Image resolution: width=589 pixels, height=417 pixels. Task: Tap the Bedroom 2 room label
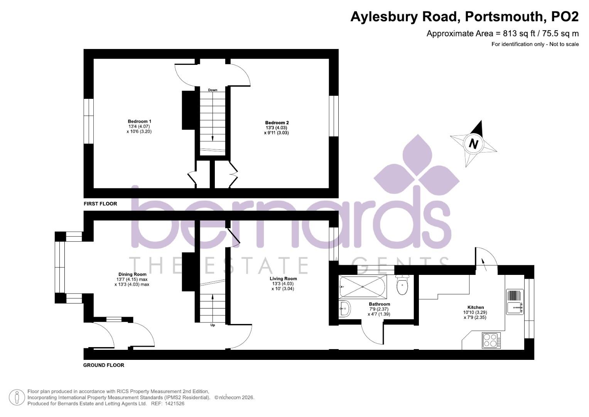(277, 123)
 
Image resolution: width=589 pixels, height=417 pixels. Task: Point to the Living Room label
(283, 278)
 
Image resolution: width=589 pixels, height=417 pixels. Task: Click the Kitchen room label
(475, 307)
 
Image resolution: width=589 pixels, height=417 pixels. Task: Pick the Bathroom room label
(379, 304)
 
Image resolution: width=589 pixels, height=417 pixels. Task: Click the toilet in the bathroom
(402, 286)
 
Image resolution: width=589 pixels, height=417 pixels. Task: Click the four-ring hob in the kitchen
(491, 341)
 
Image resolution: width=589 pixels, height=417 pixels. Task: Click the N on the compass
(473, 144)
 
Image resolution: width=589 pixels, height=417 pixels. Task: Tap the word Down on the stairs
(213, 90)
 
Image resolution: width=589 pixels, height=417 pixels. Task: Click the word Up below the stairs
(213, 325)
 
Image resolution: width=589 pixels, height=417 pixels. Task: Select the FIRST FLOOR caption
(100, 203)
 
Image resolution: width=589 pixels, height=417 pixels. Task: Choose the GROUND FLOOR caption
(104, 365)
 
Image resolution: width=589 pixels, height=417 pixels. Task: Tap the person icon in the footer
(17, 397)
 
